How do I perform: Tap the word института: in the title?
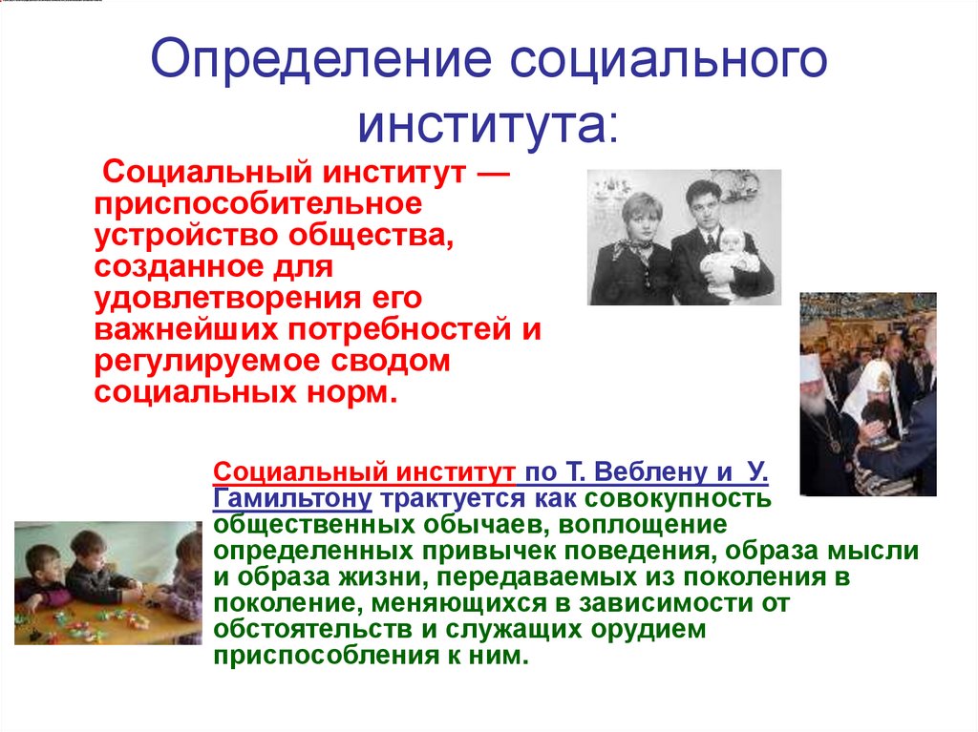[488, 123]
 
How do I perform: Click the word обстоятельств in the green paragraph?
[304, 630]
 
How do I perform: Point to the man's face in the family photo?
[702, 203]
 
